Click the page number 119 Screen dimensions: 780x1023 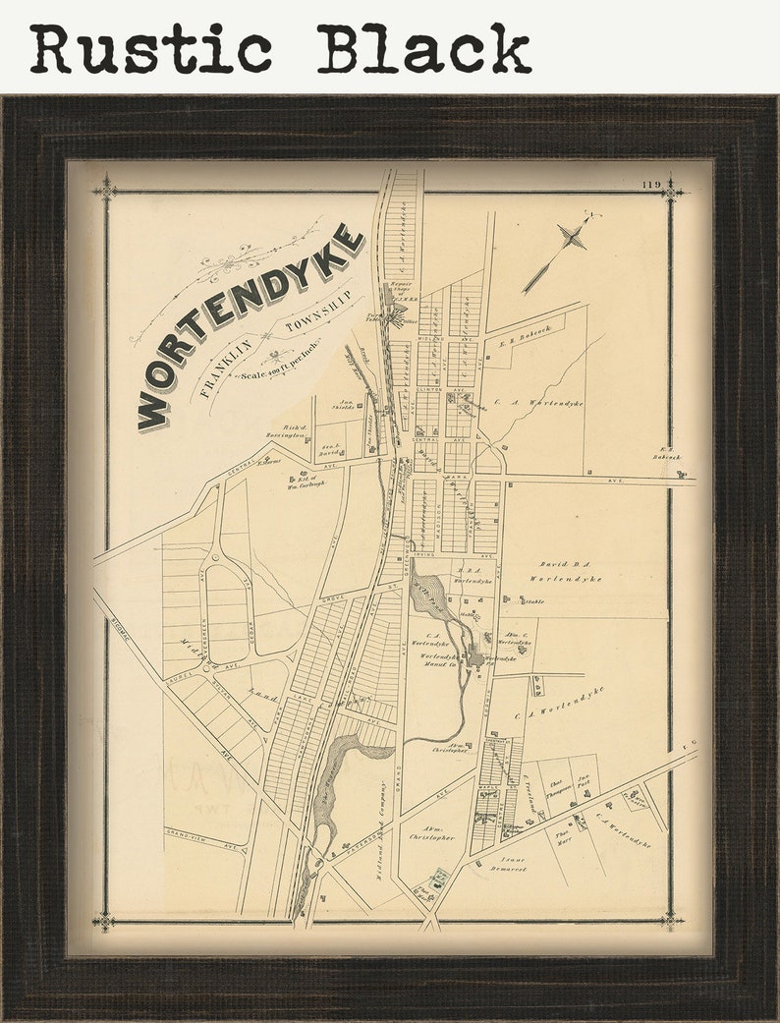649,185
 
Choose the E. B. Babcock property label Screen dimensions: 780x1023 527,338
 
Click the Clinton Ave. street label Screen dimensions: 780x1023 428,390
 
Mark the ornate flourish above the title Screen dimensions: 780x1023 236,261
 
